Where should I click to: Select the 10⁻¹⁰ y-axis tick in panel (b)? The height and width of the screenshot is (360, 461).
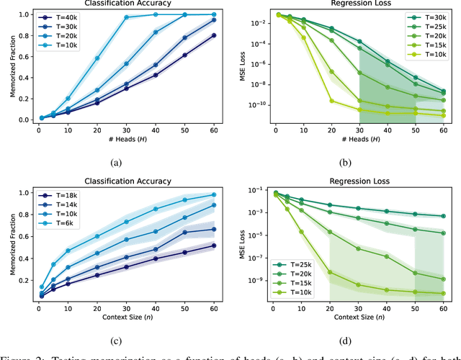click(252, 104)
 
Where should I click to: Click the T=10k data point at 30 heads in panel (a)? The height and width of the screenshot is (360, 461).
click(127, 17)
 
